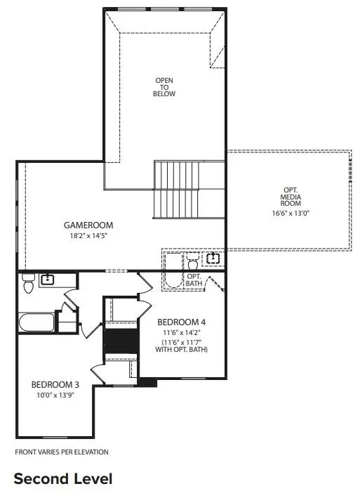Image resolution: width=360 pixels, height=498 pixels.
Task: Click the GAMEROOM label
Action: tap(88, 225)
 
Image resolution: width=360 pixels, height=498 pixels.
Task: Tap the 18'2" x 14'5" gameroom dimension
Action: tap(88, 237)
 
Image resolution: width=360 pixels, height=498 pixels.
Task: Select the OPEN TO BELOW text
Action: tap(165, 87)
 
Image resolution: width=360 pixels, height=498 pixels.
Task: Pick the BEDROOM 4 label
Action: tap(186, 322)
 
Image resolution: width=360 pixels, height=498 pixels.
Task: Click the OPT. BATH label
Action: tap(194, 280)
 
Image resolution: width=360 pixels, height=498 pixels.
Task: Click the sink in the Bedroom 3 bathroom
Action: tap(48, 280)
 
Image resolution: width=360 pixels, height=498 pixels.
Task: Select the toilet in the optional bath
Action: tap(193, 263)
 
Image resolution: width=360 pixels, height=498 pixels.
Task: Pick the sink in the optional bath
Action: tap(212, 259)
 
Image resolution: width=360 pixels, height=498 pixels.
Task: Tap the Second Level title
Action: tap(62, 479)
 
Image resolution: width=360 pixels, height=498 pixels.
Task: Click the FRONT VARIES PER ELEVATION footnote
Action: tap(61, 452)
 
